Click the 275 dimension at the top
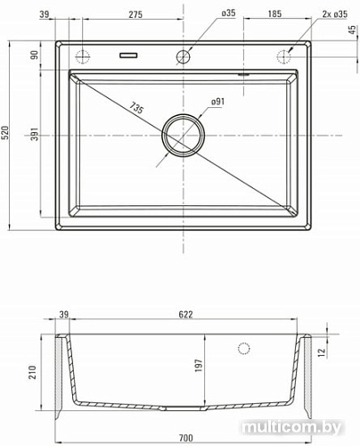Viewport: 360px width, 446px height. [135, 15]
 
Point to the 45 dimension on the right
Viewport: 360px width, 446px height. [352, 29]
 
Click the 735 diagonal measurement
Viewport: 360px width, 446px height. [136, 109]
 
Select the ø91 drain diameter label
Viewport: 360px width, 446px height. [218, 103]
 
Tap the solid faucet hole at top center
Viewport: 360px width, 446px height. [184, 55]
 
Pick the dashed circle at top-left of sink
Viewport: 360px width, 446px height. [85, 55]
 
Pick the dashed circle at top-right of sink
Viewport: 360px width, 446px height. [283, 55]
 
